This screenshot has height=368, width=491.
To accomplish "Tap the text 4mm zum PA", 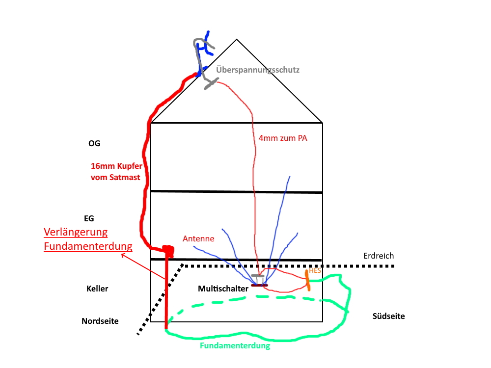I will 283,138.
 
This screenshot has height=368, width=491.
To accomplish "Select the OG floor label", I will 94,143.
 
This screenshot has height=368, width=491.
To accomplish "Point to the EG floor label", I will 89,218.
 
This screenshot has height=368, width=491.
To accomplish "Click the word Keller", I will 97,289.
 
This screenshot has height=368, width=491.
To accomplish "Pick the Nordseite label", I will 100,321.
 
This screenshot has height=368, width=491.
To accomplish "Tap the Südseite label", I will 389,316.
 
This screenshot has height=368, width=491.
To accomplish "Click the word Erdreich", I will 379,256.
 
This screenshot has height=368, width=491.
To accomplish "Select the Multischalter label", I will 223,289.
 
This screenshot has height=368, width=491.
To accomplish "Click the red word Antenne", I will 198,239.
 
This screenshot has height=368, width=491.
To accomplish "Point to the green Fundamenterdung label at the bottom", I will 235,345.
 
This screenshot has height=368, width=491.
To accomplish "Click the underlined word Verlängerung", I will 76,232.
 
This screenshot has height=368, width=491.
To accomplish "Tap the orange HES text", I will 315,271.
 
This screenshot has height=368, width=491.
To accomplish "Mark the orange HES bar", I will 308,280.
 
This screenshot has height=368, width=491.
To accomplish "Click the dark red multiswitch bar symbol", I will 259,285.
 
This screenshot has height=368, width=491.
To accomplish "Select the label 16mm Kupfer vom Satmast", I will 116,171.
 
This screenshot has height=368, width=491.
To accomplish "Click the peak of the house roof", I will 237,40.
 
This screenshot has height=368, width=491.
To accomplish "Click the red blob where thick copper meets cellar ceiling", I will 168,250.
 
